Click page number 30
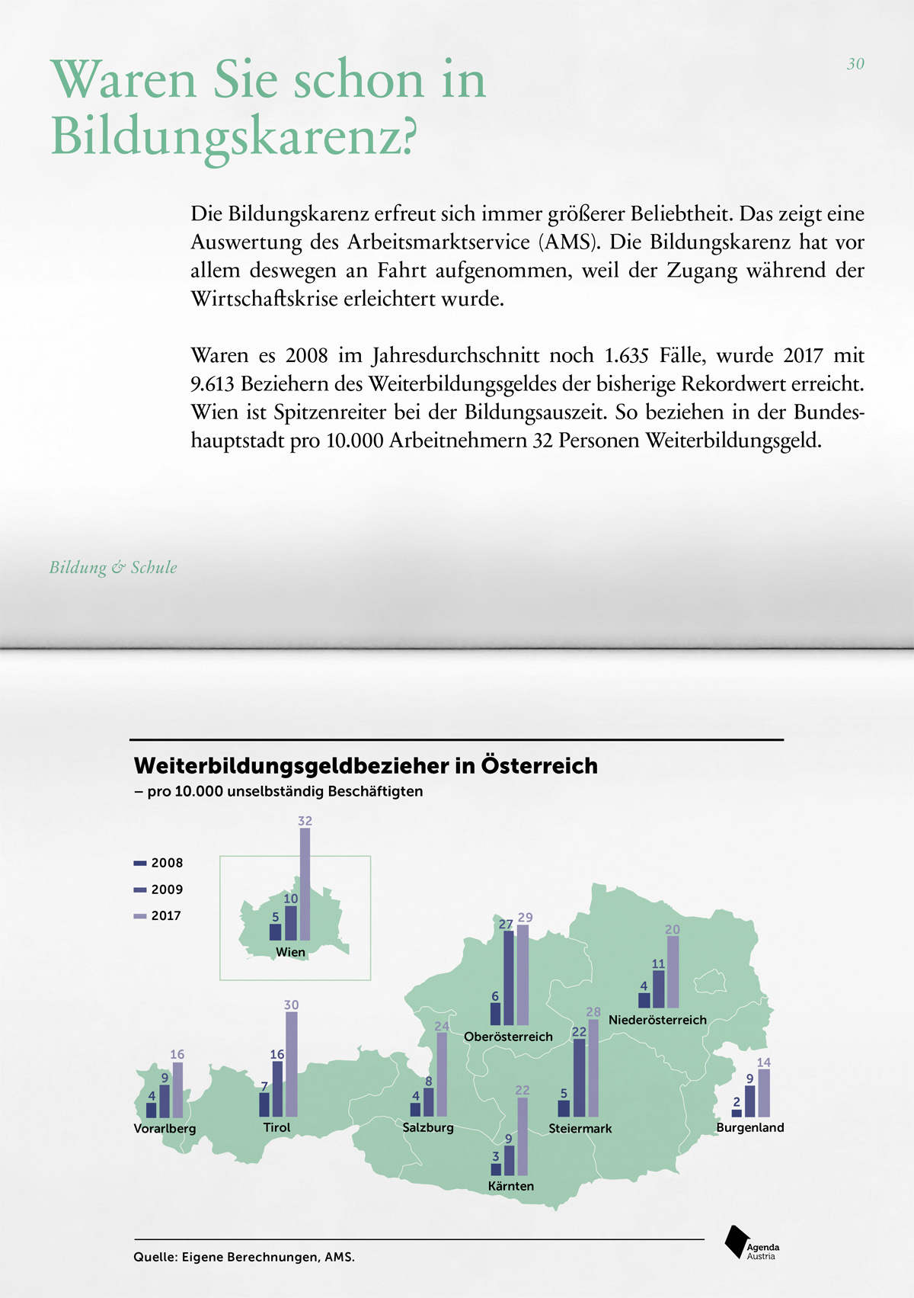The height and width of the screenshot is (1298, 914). tap(855, 64)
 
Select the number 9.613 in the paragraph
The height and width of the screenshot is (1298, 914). tap(213, 384)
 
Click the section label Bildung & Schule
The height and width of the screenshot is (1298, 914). tap(113, 567)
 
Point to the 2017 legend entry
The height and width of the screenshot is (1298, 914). tap(158, 916)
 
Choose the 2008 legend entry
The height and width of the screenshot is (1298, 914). tap(158, 863)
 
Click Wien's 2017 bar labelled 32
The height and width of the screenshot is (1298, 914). tap(305, 884)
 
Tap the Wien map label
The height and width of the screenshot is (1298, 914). tap(290, 953)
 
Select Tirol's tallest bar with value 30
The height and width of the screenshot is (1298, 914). tap(292, 1064)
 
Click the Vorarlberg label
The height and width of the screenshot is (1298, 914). tap(165, 1129)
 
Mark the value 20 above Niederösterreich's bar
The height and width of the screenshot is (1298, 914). tap(673, 930)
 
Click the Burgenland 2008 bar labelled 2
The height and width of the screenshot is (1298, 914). tap(737, 1113)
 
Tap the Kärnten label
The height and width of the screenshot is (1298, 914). tap(511, 1186)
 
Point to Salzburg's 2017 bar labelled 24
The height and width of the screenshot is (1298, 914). tap(442, 1075)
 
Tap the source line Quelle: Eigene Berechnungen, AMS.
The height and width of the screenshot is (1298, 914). tap(244, 1257)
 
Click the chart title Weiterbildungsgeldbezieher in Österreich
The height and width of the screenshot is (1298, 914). tap(366, 766)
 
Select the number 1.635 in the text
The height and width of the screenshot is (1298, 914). tap(626, 356)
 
